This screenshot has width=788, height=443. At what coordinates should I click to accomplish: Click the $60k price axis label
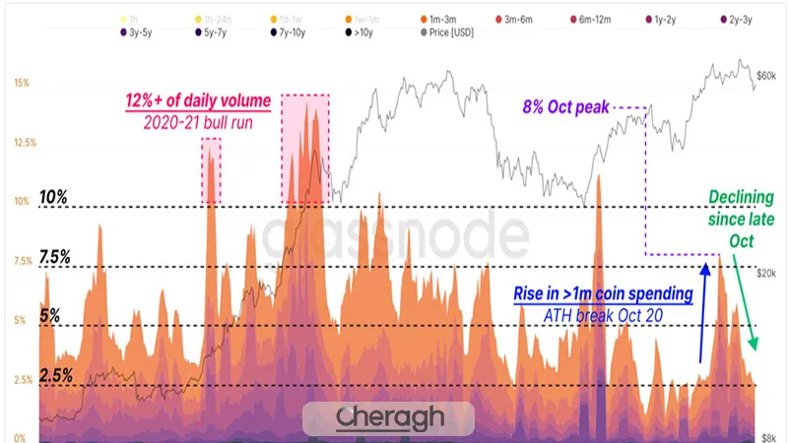point(766,77)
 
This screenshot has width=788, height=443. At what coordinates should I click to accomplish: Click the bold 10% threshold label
point(53,197)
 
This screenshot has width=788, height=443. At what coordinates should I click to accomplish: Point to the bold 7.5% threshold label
point(54,257)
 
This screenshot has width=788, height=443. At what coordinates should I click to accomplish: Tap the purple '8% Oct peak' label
point(566,105)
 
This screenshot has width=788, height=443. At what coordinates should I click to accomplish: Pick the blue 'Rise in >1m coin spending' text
point(603,294)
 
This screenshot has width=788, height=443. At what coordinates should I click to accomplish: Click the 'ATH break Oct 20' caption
point(603,315)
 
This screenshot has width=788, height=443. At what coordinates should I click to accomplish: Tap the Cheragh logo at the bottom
point(389,417)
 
